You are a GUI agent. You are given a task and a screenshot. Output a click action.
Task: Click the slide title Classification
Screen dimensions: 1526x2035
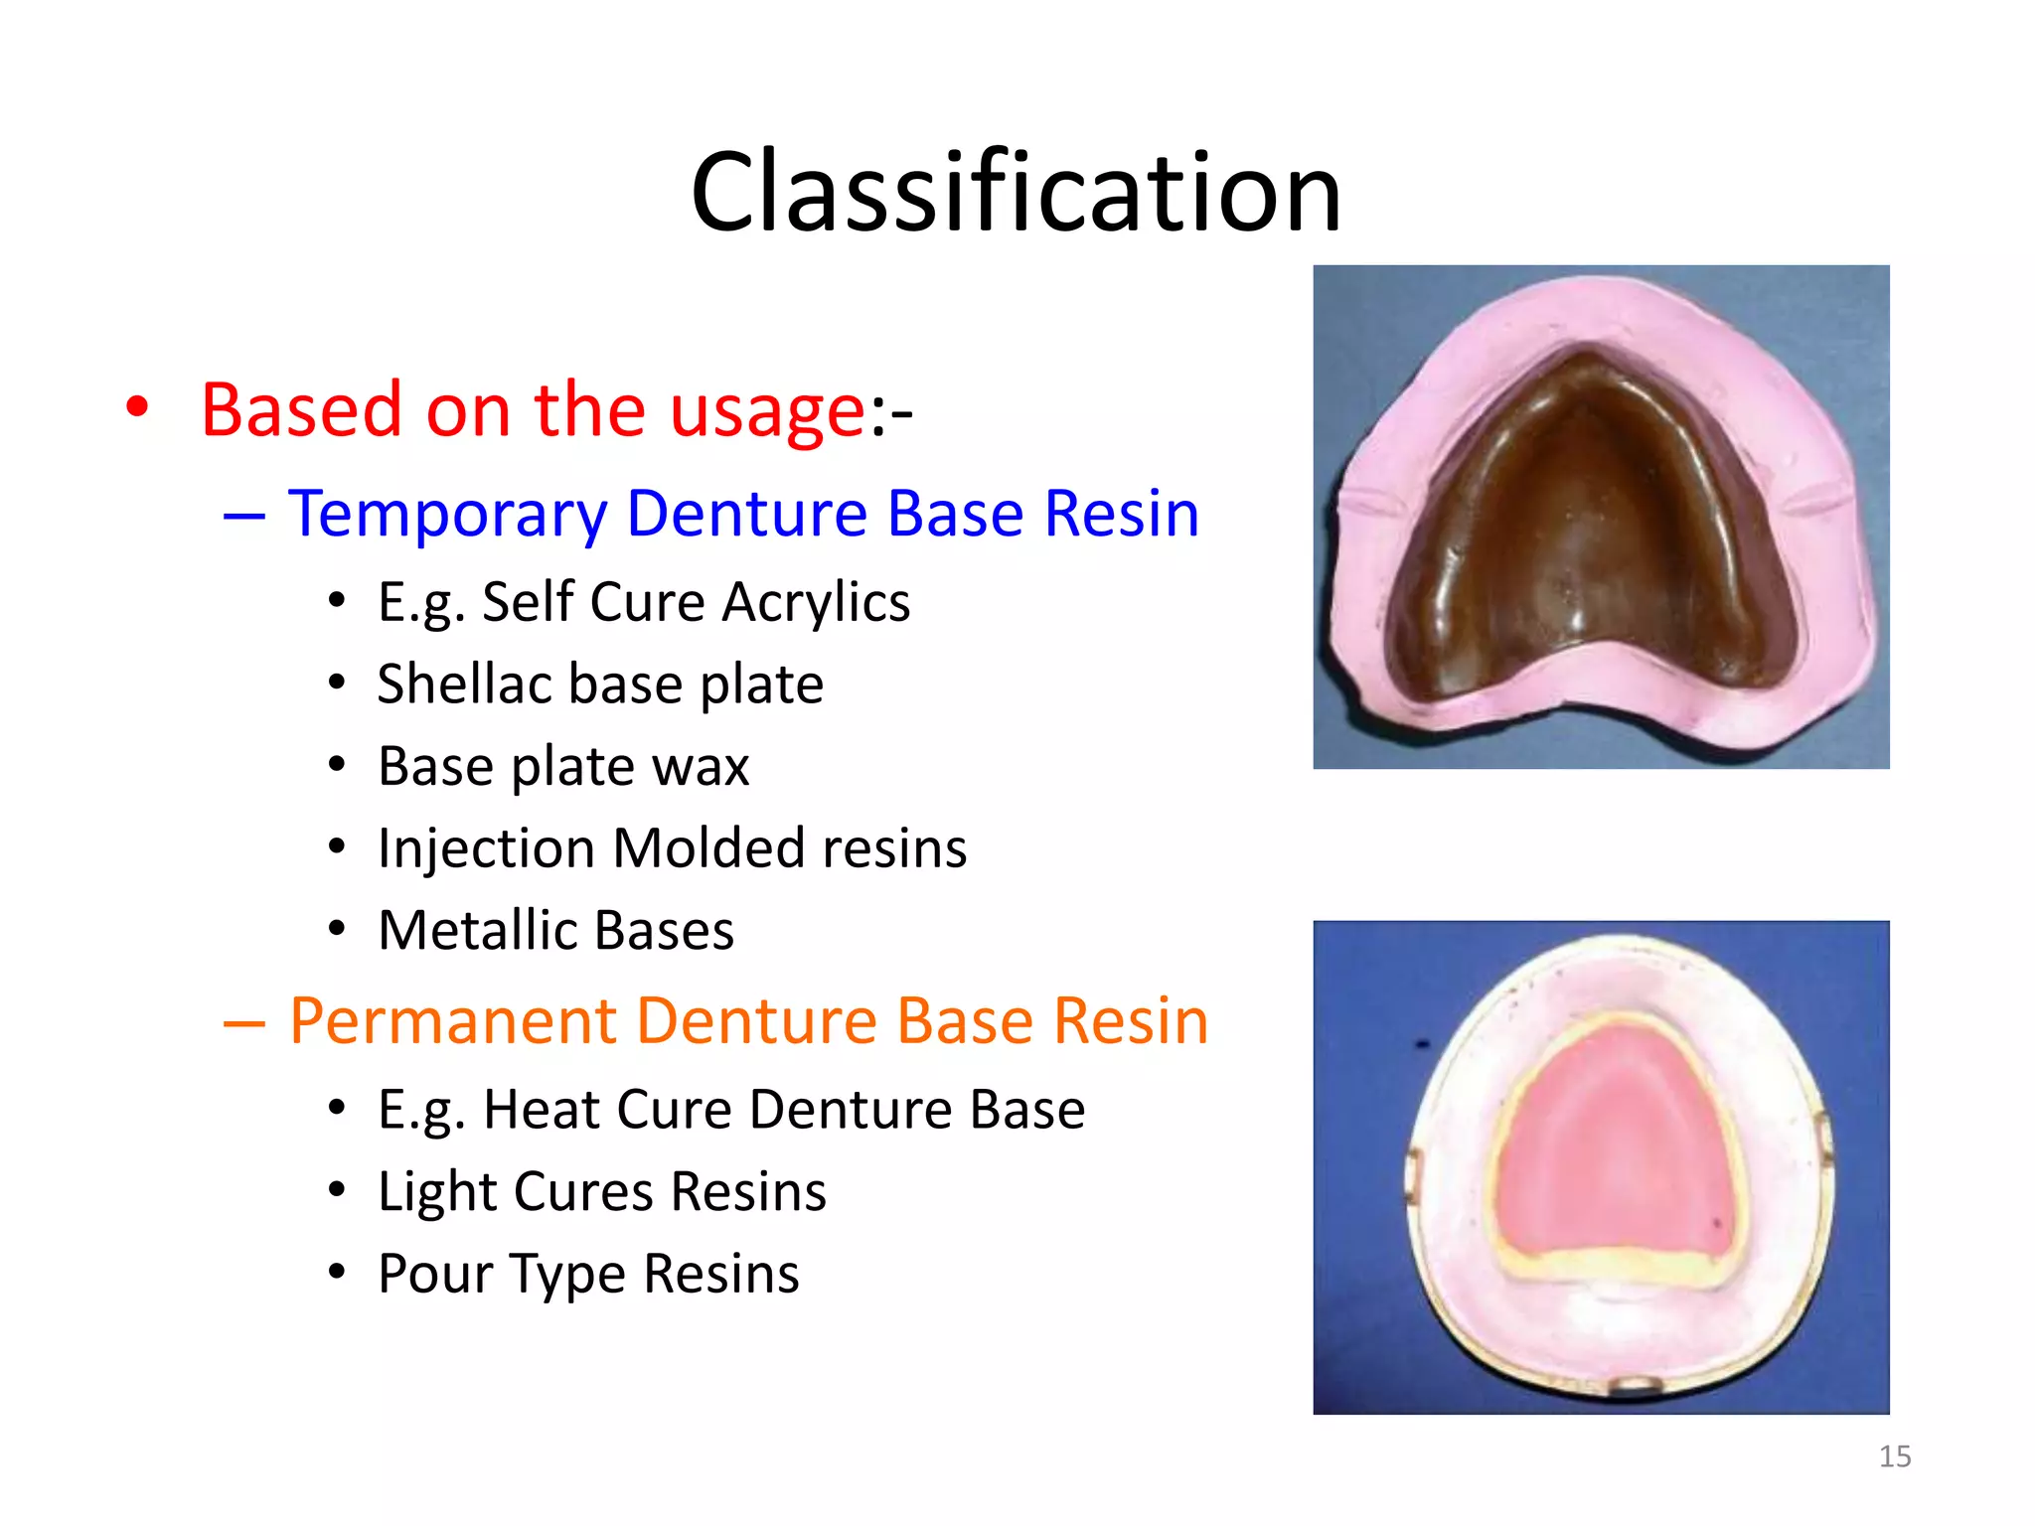(x=1016, y=192)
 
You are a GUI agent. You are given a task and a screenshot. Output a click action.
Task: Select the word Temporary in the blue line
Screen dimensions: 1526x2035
(x=447, y=515)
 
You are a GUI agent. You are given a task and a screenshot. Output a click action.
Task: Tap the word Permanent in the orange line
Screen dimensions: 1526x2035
(x=452, y=1021)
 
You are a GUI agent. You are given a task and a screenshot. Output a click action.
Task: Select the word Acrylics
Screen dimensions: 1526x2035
(x=816, y=602)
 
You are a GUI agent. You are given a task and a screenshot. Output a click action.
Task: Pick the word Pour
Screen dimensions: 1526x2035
(x=435, y=1275)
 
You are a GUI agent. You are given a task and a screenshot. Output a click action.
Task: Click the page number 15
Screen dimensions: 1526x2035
(x=1894, y=1456)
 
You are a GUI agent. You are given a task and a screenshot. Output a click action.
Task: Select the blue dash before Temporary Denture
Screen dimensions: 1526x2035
(x=244, y=516)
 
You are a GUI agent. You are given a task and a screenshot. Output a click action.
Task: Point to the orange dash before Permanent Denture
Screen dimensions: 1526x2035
(x=244, y=1022)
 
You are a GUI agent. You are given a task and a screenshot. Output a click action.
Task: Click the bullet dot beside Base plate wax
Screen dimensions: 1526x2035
(x=337, y=765)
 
